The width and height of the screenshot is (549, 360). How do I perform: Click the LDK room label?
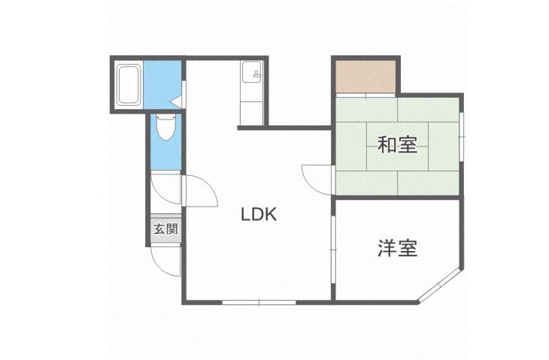tap(259, 214)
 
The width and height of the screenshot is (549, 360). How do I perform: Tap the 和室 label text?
tap(397, 144)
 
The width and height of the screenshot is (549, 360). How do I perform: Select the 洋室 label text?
tap(397, 248)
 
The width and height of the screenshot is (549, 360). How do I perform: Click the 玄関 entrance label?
tap(165, 229)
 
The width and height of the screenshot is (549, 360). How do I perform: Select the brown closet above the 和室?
tap(365, 76)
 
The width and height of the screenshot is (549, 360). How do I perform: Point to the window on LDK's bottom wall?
tap(259, 302)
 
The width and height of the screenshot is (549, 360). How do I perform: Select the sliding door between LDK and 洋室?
tap(332, 248)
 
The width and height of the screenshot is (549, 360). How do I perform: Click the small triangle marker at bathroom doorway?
tap(175, 98)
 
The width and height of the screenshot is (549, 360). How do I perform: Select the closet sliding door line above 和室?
tap(365, 95)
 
